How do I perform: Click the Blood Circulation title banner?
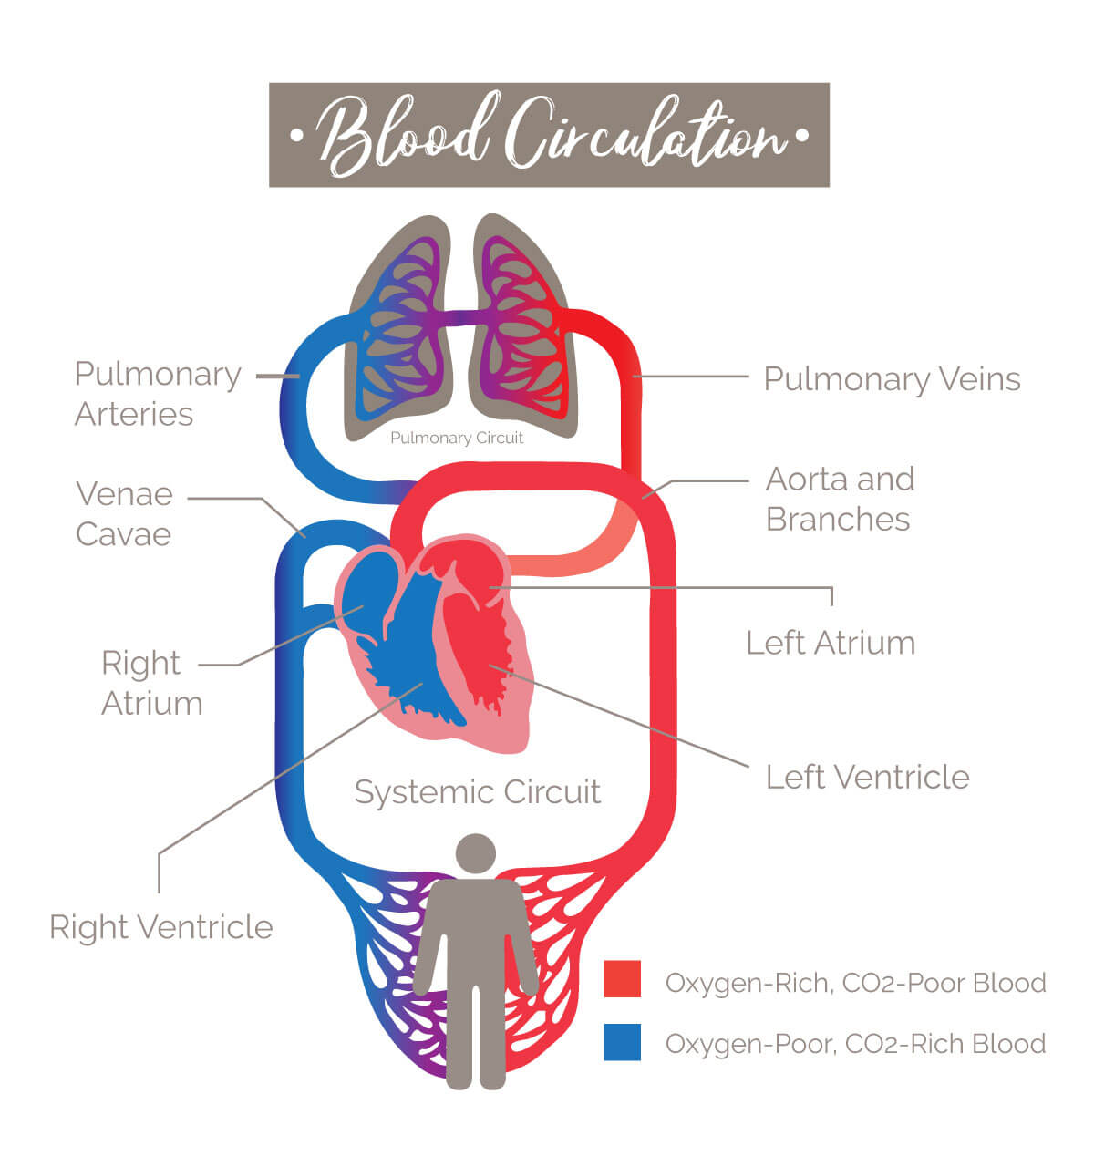point(549,135)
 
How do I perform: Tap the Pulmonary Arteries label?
point(157,393)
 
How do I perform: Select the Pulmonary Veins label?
point(892,378)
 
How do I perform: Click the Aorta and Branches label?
point(839,499)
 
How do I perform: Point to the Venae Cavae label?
point(124,513)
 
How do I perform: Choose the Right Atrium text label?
point(151,683)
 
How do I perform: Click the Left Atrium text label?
point(830,643)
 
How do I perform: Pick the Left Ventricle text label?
point(867,777)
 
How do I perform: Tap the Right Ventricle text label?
point(161,926)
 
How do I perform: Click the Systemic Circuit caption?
point(477,791)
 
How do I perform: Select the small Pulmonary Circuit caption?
point(457,438)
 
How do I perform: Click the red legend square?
point(622,979)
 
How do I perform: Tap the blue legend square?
point(622,1042)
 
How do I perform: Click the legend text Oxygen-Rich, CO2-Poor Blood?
point(855,983)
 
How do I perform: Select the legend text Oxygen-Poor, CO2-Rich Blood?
point(855,1043)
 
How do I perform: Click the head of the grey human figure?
point(475,853)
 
